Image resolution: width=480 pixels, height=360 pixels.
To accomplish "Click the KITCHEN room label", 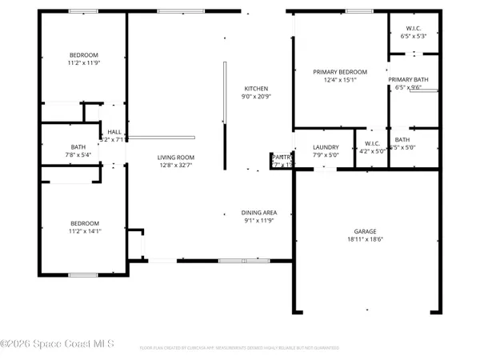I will (256, 89).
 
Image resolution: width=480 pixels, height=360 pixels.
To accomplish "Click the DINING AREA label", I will (258, 213).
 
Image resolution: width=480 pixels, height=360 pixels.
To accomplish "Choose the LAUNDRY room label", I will (326, 147).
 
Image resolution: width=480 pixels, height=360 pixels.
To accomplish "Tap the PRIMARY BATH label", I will (409, 80).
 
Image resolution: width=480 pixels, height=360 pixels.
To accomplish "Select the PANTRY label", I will (282, 158).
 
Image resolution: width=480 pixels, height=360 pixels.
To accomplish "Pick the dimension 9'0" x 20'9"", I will (256, 97).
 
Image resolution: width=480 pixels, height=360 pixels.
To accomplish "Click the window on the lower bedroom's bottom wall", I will (82, 275).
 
